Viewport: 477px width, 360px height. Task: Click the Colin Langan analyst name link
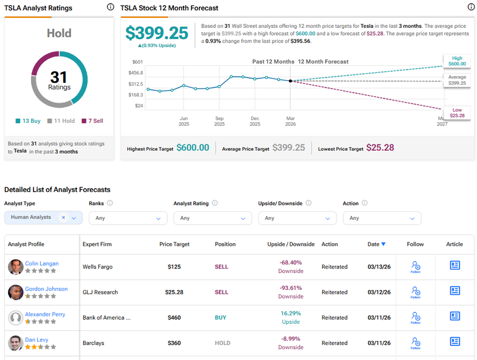[x=42, y=264]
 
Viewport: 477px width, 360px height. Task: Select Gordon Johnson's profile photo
[x=16, y=292]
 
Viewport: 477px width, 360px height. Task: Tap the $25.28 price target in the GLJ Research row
[x=174, y=292]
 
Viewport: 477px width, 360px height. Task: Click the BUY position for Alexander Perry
[x=221, y=318]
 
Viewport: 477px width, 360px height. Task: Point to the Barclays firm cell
[x=93, y=343]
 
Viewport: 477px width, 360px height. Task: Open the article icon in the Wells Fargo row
[x=455, y=266]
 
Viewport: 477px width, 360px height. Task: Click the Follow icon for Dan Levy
[x=416, y=342]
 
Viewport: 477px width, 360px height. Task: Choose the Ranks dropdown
[x=128, y=218]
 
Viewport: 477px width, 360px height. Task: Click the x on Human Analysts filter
[x=63, y=217]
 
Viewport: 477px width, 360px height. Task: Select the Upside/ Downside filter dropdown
[x=297, y=218]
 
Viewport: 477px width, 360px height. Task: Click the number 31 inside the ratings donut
[x=59, y=77]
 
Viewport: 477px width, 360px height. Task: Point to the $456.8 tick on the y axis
[x=135, y=73]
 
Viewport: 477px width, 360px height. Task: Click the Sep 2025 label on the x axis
[x=219, y=121]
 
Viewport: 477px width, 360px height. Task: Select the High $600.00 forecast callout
[x=457, y=61]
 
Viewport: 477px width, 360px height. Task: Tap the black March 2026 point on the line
[x=290, y=81]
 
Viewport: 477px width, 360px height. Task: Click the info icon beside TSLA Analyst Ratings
[x=111, y=7]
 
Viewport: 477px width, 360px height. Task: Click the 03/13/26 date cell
[x=379, y=267]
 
